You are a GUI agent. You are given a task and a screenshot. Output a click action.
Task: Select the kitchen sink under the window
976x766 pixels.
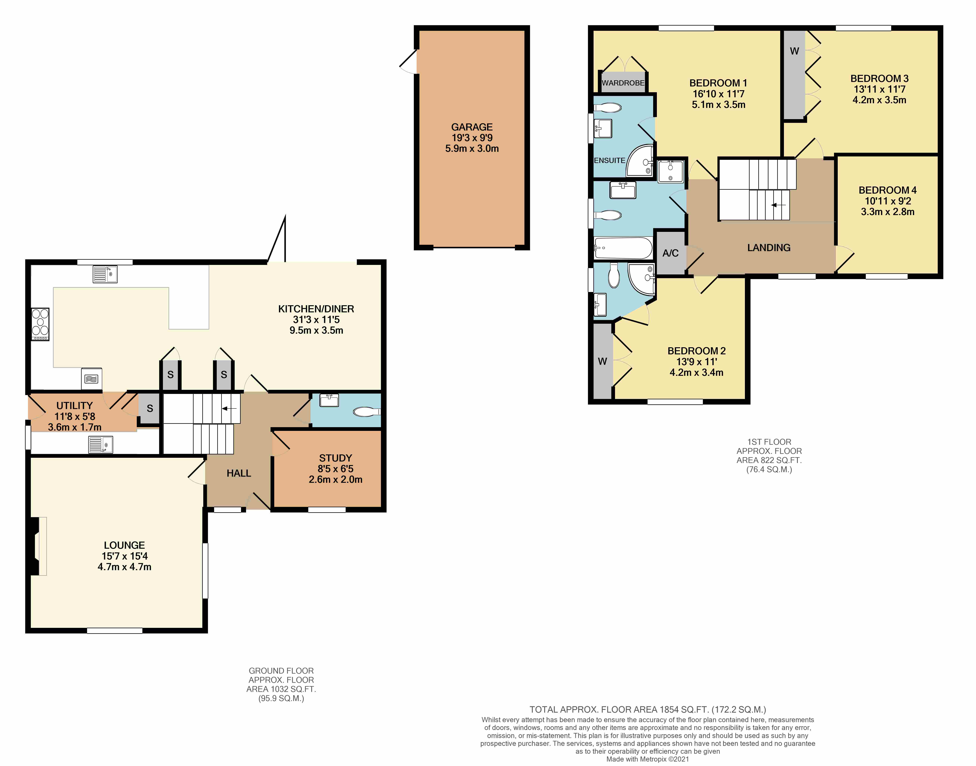[x=105, y=274]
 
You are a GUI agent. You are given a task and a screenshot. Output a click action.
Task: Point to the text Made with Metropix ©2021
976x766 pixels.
[x=648, y=759]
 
